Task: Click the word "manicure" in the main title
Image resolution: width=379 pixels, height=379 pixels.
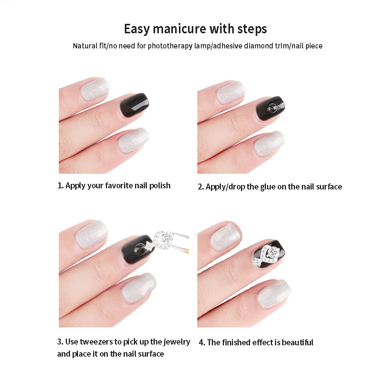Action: pyautogui.click(x=180, y=29)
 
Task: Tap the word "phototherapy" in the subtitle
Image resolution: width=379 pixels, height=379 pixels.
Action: pyautogui.click(x=171, y=46)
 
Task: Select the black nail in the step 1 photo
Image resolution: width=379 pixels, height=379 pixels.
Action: pyautogui.click(x=134, y=106)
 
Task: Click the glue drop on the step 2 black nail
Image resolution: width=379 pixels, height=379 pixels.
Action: pyautogui.click(x=272, y=107)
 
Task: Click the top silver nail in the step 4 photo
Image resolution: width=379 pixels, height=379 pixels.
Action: pyautogui.click(x=225, y=237)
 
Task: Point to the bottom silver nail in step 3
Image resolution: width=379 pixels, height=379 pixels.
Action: pyautogui.click(x=138, y=288)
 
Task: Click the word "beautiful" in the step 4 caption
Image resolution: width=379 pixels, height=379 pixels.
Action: pyautogui.click(x=297, y=343)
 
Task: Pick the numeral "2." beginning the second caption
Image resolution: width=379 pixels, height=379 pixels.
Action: pyautogui.click(x=201, y=187)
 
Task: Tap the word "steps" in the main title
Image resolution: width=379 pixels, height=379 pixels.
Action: pyautogui.click(x=252, y=30)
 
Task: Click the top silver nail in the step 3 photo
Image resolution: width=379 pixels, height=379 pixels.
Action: pyautogui.click(x=92, y=234)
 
